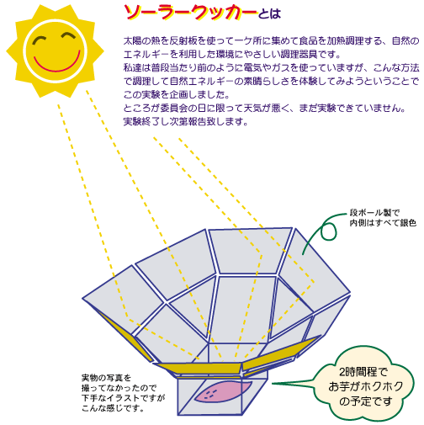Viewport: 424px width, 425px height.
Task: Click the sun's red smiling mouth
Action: (56, 66)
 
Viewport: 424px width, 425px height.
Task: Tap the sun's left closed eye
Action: (40, 40)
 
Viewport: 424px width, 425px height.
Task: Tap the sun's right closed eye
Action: (68, 36)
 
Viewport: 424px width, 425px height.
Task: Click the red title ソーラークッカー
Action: (191, 13)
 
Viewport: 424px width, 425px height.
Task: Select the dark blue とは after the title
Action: (269, 14)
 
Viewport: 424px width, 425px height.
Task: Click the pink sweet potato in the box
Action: (223, 391)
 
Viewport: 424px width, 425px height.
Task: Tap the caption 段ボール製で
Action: (374, 213)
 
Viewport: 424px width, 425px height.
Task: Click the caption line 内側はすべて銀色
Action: (383, 223)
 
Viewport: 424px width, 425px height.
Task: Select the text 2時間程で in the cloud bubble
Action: (363, 372)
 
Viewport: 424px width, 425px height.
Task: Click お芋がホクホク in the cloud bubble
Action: (366, 386)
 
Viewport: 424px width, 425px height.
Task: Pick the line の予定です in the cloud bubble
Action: (365, 401)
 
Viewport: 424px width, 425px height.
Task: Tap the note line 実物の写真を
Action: (106, 378)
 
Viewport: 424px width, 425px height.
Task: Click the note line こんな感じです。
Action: (113, 408)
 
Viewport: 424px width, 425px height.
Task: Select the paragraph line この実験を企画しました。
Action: (177, 94)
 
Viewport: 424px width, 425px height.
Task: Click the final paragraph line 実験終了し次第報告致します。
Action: (186, 121)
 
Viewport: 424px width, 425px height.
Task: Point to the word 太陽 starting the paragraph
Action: (133, 40)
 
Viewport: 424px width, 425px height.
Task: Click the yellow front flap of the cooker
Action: (199, 368)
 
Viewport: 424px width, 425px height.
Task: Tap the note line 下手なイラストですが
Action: (124, 398)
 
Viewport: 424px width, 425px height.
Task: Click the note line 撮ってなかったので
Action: (119, 388)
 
